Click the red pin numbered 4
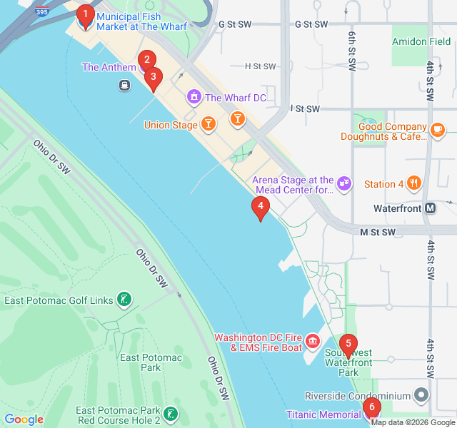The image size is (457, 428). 261,209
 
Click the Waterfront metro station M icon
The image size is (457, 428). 430,208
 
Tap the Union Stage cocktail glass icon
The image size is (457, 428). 208,125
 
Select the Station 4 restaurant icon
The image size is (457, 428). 413,183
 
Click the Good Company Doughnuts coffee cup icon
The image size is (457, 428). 437,129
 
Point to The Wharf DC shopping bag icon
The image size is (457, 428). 194,97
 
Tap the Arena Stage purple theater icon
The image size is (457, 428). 344,184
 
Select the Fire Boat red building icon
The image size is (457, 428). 312,342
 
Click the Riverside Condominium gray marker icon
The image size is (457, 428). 422,395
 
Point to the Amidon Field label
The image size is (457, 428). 421,42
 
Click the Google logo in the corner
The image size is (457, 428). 24,419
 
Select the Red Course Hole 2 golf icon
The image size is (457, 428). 170,414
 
